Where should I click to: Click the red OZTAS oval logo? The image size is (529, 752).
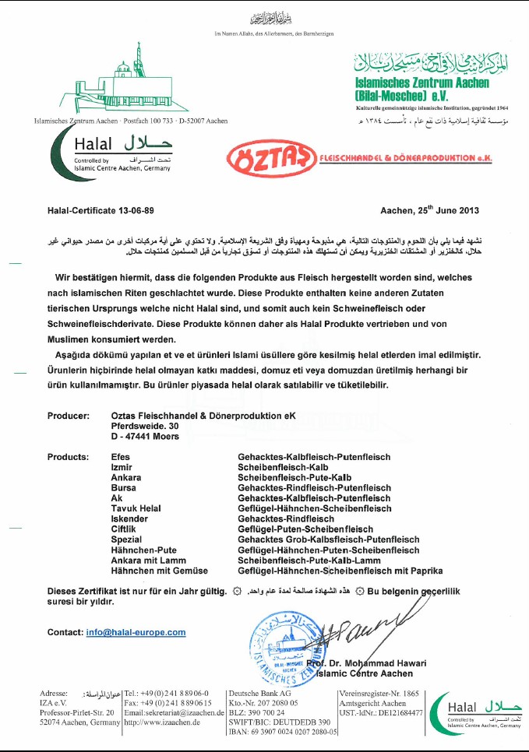tap(270, 158)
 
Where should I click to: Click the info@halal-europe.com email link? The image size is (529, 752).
tap(136, 632)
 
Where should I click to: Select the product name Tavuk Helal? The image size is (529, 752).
tap(136, 508)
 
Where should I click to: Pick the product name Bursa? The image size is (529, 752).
tap(124, 487)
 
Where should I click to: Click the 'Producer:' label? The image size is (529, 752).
tap(69, 416)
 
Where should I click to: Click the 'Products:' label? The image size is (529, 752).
tap(69, 457)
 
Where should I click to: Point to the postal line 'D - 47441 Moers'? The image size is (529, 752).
tap(145, 437)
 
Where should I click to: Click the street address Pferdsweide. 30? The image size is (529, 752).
tap(145, 427)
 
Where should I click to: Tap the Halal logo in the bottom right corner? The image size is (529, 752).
tap(476, 711)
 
